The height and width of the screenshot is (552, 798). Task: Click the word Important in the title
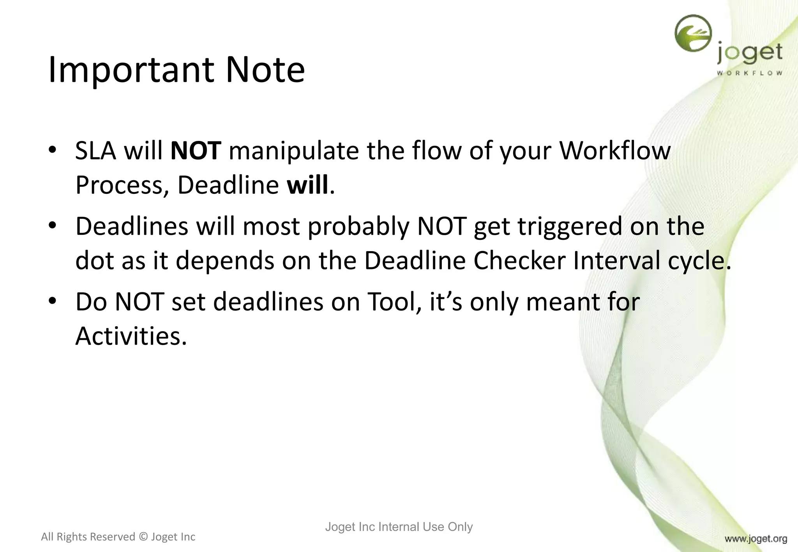coord(131,70)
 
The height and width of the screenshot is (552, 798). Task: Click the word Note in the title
coord(265,70)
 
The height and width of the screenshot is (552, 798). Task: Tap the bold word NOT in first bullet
coord(196,151)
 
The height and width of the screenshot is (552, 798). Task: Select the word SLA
coord(95,151)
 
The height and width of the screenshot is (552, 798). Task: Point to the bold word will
coord(307,185)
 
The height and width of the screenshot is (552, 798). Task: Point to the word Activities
coord(131,336)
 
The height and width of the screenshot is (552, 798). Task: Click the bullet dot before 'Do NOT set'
coord(53,301)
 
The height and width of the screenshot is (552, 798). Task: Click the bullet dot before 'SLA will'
coord(53,149)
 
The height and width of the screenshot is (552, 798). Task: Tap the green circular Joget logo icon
coord(693,33)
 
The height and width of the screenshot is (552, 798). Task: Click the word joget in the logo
coord(749,54)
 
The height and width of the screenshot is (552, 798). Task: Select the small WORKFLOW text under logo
coord(749,73)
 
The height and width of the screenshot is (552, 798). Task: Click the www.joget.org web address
coord(756,539)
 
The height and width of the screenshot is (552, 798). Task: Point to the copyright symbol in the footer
coord(143,537)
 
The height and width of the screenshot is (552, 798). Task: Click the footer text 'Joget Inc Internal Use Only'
coord(399,527)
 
